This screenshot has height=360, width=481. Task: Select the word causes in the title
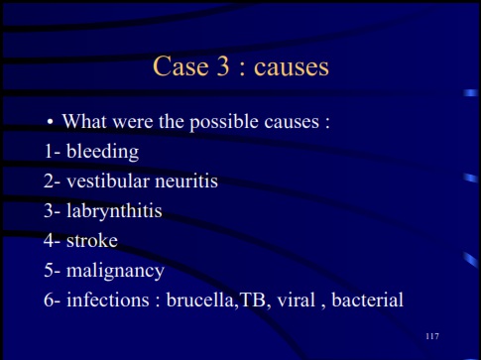click(x=290, y=68)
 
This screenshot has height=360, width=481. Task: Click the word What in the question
click(x=84, y=124)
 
